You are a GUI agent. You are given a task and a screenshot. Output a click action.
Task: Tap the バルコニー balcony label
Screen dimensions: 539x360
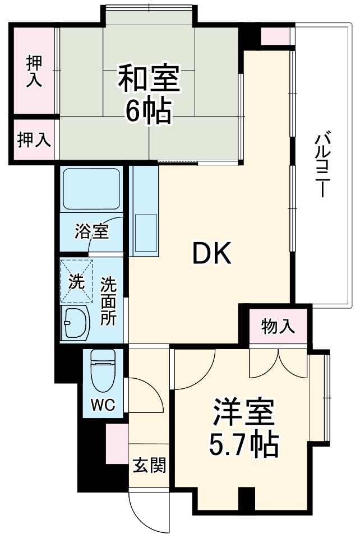point(321,165)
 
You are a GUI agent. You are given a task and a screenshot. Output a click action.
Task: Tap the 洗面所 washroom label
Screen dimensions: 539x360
point(108,301)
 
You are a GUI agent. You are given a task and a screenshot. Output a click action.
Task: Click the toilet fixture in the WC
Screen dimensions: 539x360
point(103,370)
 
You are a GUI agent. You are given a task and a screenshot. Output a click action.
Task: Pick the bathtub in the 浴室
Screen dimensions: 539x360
point(92,189)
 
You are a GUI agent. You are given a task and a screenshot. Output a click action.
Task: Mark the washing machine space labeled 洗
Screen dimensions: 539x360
point(76,281)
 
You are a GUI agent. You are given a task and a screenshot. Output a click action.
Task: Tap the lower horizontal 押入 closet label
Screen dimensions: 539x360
point(34,140)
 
